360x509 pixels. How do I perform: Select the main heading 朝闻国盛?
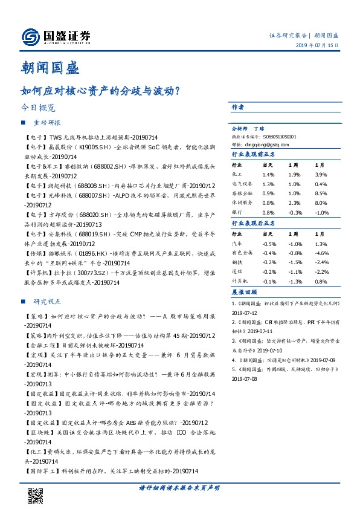(x=55, y=68)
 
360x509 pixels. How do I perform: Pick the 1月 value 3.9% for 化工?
(x=321, y=174)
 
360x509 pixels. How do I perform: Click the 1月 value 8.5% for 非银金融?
(x=321, y=193)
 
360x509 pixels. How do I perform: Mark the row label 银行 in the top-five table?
(x=237, y=213)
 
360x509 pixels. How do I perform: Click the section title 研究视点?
(x=48, y=301)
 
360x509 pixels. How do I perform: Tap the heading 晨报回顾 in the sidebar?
(x=243, y=291)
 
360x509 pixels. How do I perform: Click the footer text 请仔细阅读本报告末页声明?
(x=179, y=488)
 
